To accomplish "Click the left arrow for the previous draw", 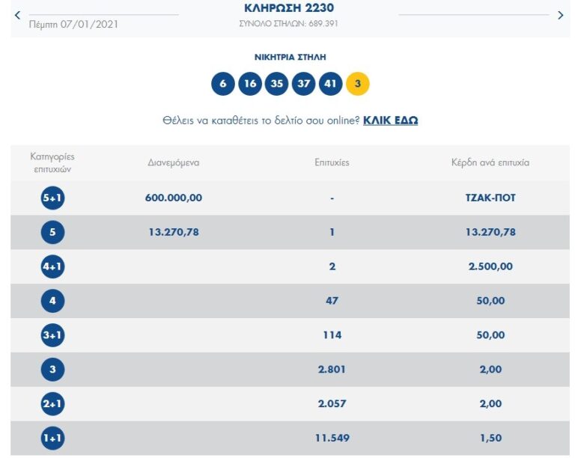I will [18, 15].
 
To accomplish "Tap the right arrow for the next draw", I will [560, 15].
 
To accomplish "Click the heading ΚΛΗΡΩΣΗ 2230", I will [289, 8].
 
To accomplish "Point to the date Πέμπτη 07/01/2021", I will [73, 24].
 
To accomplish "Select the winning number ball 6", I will [223, 84].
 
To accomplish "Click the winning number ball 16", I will [250, 84].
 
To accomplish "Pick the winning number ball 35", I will [277, 84].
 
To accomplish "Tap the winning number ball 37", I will [304, 84].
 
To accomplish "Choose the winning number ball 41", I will [330, 84].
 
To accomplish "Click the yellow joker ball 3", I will [357, 84].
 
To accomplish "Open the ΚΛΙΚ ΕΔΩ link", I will [390, 120].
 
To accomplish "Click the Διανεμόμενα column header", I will [174, 162].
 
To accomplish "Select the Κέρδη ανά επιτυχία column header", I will [490, 162].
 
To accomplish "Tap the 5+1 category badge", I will [52, 198].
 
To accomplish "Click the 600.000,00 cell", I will [174, 198].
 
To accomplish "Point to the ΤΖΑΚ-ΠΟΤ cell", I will [490, 198].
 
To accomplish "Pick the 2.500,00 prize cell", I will [490, 266].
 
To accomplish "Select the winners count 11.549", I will [332, 438].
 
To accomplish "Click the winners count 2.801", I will [332, 369].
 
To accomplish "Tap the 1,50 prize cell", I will [490, 438].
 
